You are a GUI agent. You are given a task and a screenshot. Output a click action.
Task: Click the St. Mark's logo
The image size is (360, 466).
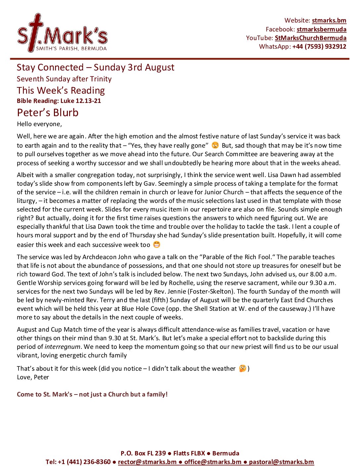point(62,33)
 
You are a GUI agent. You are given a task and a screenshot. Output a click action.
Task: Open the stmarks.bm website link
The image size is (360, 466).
point(329,21)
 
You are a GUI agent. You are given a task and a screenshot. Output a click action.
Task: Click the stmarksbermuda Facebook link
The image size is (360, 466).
point(321,29)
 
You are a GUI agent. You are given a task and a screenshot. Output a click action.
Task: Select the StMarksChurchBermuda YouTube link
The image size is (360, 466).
point(310,38)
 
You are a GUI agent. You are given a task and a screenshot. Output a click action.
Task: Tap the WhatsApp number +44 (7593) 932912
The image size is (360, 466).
point(319,46)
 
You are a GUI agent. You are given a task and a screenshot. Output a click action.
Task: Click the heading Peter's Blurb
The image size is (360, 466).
point(48,113)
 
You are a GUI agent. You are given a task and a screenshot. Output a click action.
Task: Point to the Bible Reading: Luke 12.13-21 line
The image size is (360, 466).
point(59,101)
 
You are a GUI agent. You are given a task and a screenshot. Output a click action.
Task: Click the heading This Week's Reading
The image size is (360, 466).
point(61,90)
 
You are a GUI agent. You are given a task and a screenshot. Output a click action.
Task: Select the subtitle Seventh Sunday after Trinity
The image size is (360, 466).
point(64,79)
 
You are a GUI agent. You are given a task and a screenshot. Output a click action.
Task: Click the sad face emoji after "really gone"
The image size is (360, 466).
point(215,145)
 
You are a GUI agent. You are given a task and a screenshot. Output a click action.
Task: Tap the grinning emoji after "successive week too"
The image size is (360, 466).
point(157,245)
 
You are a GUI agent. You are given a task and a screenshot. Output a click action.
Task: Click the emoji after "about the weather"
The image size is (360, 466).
point(242,368)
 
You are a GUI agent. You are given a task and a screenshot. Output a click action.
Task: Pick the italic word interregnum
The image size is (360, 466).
point(63,347)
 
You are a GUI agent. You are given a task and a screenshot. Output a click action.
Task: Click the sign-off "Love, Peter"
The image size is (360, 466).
point(33,377)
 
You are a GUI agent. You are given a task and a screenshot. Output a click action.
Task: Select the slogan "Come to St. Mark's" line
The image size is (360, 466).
point(92,394)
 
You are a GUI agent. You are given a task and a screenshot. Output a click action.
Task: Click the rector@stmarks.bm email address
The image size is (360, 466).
point(147,462)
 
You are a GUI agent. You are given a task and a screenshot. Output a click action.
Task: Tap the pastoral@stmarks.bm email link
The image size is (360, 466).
point(281,462)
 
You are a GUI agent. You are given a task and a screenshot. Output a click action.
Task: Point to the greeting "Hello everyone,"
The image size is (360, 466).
point(39,124)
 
